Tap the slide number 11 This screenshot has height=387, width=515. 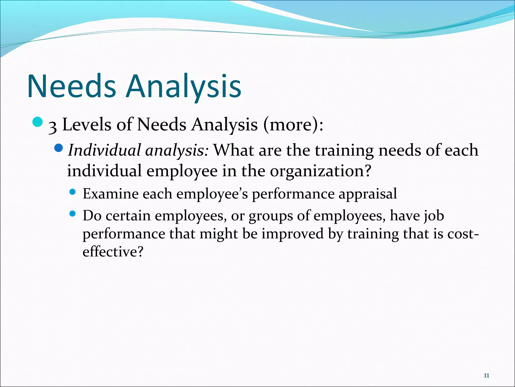pos(486,376)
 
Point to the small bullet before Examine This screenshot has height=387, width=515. pos(72,192)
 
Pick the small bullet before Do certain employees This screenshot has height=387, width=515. pos(72,214)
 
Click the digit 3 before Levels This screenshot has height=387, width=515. pos(53,126)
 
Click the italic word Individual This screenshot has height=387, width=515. pos(104,150)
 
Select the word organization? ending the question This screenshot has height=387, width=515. pos(320,171)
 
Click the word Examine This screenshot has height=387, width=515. pos(110,194)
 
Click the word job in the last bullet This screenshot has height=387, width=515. pos(434,216)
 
